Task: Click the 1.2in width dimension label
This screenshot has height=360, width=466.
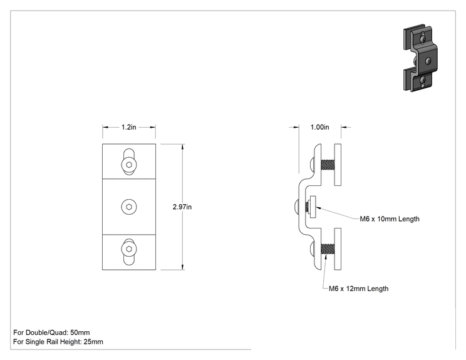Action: click(x=128, y=127)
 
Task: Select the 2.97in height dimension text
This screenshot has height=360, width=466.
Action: click(x=182, y=207)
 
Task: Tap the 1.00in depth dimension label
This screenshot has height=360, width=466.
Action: click(x=320, y=127)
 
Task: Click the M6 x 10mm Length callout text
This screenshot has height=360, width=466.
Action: click(x=390, y=219)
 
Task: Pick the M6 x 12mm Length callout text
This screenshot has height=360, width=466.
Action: click(x=358, y=289)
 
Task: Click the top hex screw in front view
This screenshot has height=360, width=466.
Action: click(x=129, y=165)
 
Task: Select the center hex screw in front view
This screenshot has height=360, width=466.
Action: click(x=129, y=207)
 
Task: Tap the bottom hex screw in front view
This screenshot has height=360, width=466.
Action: click(x=129, y=249)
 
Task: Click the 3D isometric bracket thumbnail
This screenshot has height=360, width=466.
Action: click(x=420, y=58)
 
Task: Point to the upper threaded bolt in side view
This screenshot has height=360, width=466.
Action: click(x=328, y=165)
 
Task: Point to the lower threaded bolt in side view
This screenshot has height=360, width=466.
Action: click(x=328, y=249)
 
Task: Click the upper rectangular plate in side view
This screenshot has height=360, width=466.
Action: click(x=338, y=165)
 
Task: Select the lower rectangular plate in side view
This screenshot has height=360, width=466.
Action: click(x=338, y=249)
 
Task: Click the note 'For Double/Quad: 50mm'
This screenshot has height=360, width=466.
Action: click(x=51, y=332)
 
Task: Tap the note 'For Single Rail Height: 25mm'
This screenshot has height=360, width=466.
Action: click(x=58, y=342)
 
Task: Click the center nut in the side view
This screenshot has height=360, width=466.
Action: click(x=313, y=207)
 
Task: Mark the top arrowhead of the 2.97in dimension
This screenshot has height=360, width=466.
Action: click(x=182, y=145)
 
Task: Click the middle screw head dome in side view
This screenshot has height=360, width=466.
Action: click(x=296, y=207)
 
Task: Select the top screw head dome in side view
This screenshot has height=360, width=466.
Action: click(x=313, y=165)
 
